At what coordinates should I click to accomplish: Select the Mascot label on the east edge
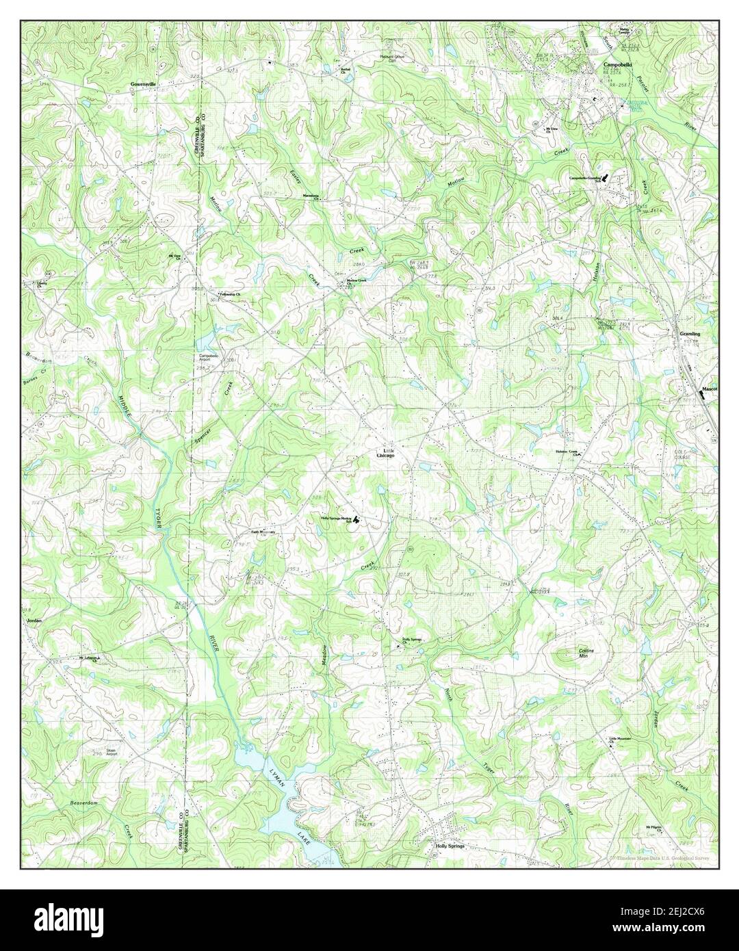pos(709,390)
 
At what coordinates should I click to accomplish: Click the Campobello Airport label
pos(210,358)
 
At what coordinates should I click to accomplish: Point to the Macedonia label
pos(311,196)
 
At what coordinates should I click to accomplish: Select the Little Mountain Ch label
pos(620,741)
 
